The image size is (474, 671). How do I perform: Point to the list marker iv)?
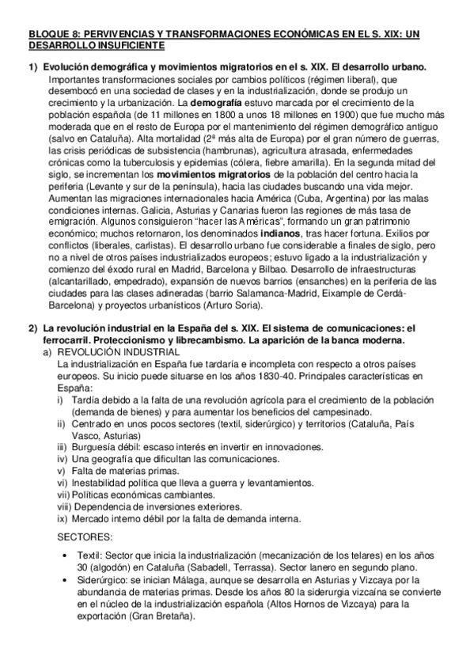pos(63,459)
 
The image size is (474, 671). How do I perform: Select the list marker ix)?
pos(63,519)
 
